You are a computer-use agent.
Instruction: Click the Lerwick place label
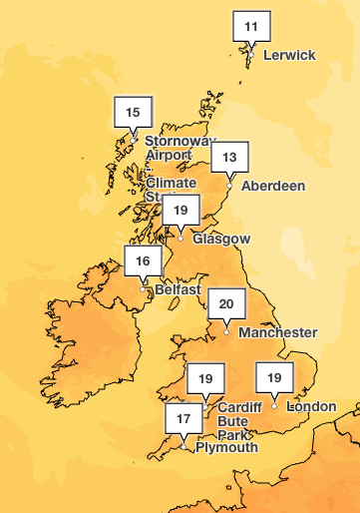(x=289, y=55)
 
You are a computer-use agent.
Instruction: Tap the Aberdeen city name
(x=271, y=186)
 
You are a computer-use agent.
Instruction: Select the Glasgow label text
(x=221, y=240)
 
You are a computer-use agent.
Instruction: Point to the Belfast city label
(x=178, y=290)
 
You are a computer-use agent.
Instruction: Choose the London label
(x=312, y=406)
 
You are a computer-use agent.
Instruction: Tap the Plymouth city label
(x=226, y=447)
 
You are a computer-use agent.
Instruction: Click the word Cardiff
(x=239, y=406)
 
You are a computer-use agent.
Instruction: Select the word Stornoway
(x=180, y=141)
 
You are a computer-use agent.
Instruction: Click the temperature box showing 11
(x=251, y=25)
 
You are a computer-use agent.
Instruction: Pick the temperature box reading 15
(x=133, y=112)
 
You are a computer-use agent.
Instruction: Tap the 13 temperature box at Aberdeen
(x=229, y=157)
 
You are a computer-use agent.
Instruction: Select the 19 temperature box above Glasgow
(x=180, y=210)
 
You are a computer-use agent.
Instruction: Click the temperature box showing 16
(x=143, y=260)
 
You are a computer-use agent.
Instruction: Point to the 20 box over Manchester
(x=226, y=303)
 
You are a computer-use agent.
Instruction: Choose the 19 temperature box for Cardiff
(x=205, y=378)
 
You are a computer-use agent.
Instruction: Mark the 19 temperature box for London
(x=274, y=378)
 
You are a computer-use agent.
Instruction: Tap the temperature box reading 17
(x=183, y=419)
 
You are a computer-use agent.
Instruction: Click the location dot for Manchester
(x=226, y=331)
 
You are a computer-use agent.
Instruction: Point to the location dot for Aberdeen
(x=229, y=185)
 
